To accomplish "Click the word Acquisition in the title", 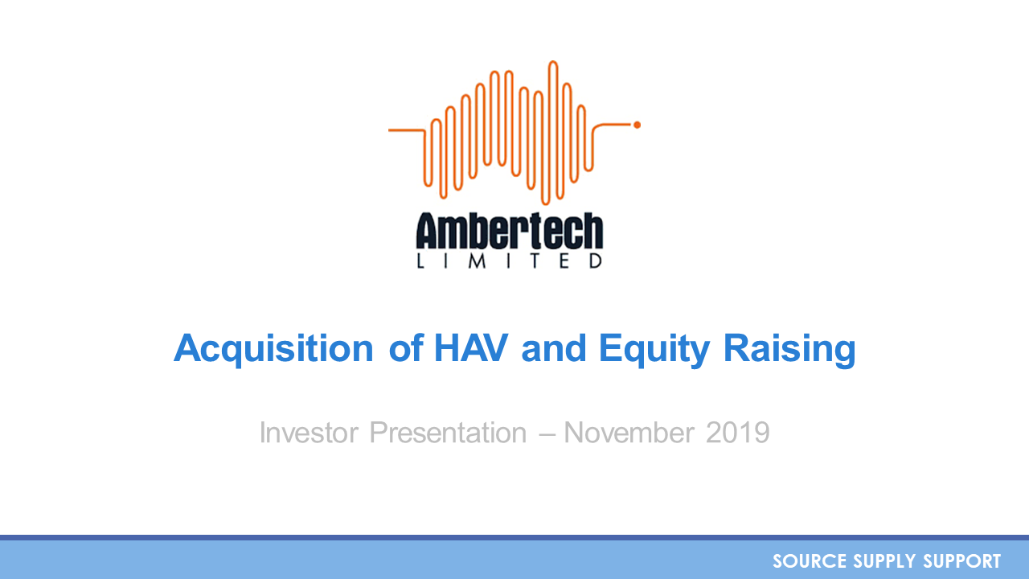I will point(273,349).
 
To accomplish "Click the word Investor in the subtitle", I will point(310,433).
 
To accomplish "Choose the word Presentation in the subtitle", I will point(448,433).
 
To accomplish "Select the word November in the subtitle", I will point(629,433).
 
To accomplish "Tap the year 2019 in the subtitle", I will point(737,433).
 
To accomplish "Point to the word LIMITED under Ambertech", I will point(510,261).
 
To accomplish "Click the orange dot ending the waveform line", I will point(637,125).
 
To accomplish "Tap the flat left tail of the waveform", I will point(406,129).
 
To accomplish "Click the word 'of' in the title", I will point(404,349).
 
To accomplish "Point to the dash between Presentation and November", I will point(545,433).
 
